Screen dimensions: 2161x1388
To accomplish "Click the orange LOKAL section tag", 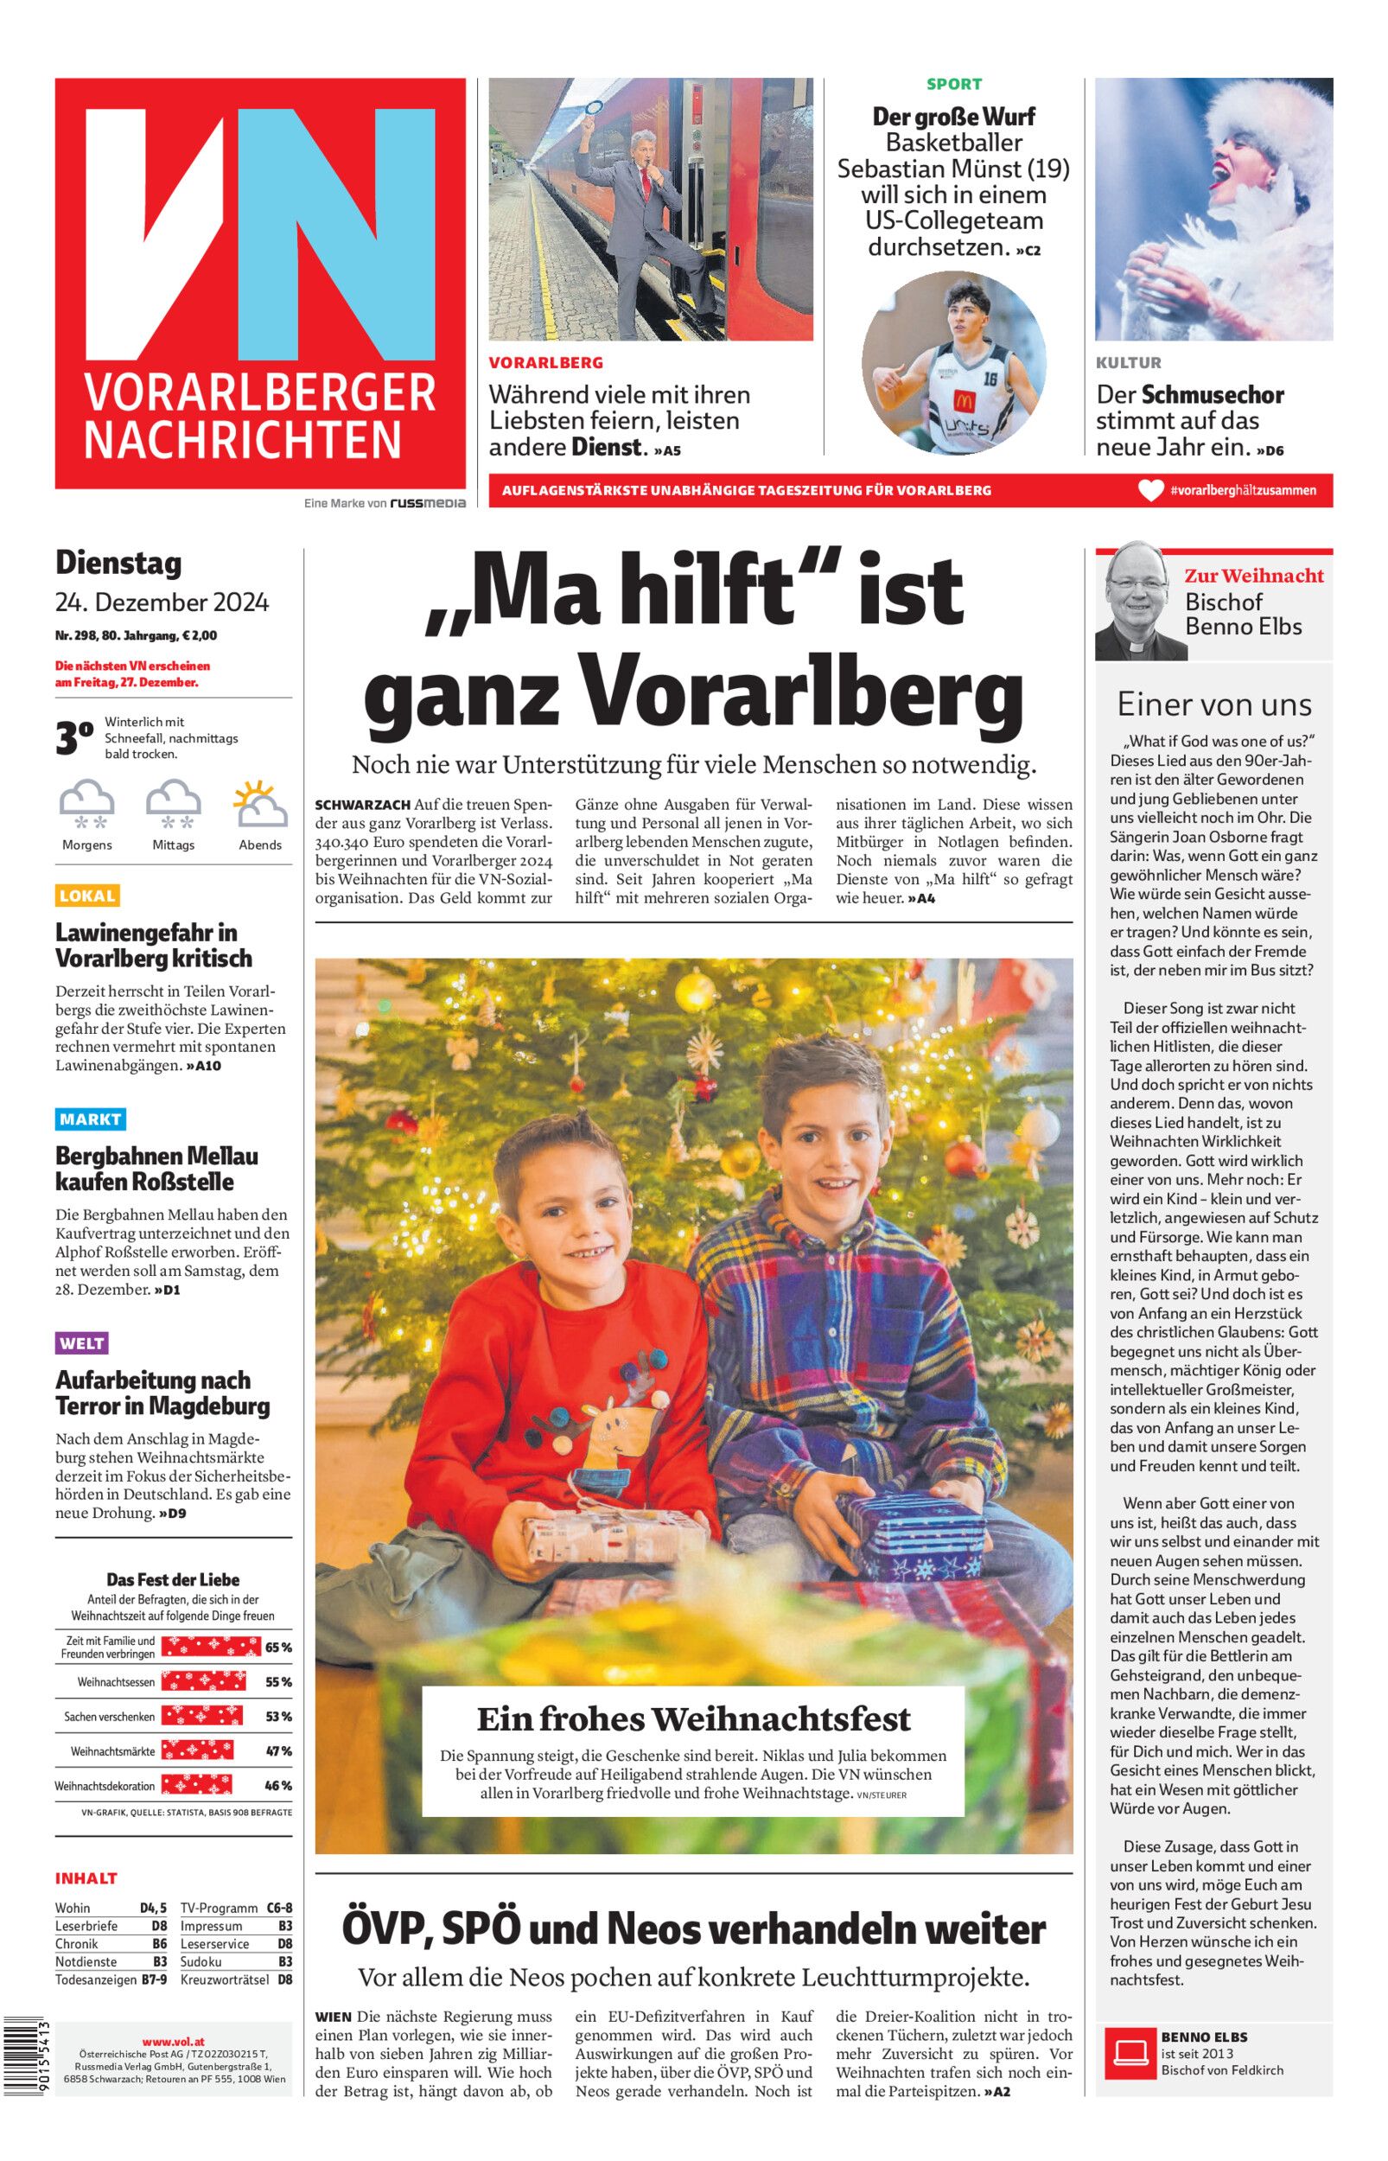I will [87, 896].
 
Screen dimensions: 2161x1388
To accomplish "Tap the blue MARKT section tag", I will [89, 1119].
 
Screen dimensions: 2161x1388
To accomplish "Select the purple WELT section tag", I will [81, 1343].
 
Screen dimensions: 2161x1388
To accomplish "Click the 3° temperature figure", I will [74, 738].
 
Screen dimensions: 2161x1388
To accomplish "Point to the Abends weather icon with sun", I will [259, 805].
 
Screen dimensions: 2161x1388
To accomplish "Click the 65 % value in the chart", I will [278, 1648].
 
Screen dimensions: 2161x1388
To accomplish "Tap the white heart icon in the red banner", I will [1151, 490].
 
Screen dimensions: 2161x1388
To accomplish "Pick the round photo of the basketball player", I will [953, 363].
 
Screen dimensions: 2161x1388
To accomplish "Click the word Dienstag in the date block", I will [118, 564].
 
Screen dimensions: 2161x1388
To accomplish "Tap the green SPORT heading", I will [953, 84].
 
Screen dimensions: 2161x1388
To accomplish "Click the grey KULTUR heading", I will [1129, 363].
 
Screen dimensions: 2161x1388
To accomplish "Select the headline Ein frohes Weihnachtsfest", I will [693, 1718].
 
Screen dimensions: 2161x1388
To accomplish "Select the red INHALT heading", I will [86, 1879].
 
